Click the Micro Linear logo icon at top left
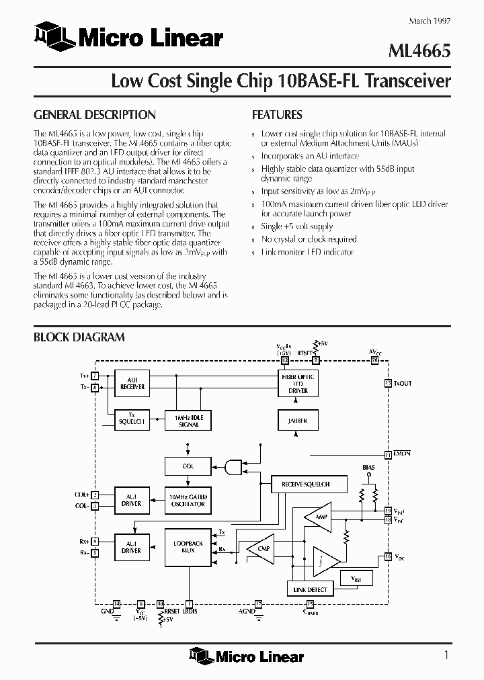click(x=53, y=36)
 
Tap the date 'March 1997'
click(x=430, y=21)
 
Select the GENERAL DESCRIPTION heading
click(x=95, y=115)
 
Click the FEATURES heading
click(x=276, y=115)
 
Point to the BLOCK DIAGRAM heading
click(x=79, y=337)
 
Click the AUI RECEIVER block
click(x=132, y=383)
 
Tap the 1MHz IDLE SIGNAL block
click(x=188, y=420)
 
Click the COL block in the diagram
click(x=188, y=466)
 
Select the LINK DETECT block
click(x=310, y=589)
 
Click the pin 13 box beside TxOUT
click(x=388, y=383)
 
